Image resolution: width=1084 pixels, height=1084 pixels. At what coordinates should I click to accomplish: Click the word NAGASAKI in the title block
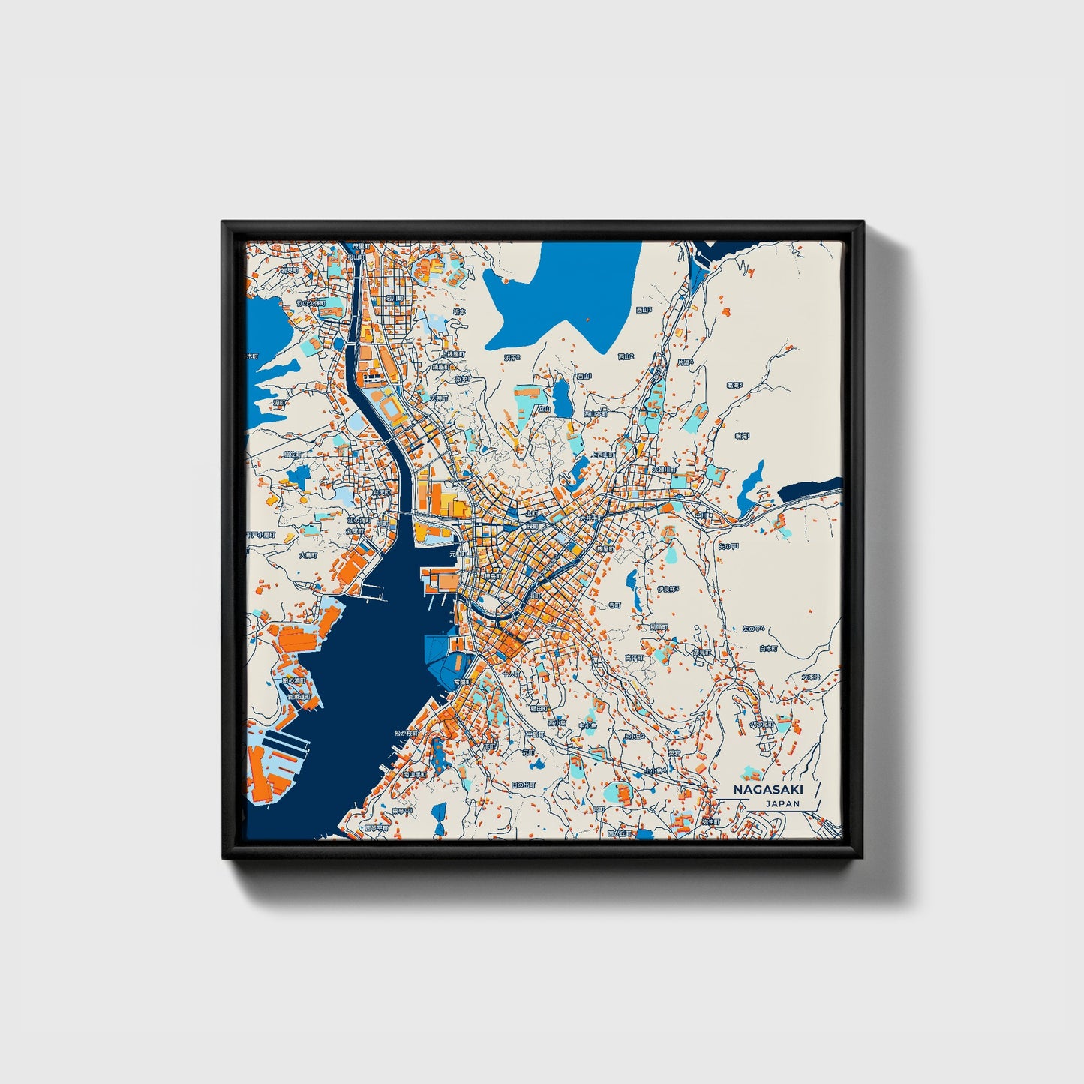pyautogui.click(x=767, y=790)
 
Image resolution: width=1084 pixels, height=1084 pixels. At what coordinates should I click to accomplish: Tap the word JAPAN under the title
pyautogui.click(x=782, y=803)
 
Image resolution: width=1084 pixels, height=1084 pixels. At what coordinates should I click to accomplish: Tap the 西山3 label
pyautogui.click(x=644, y=309)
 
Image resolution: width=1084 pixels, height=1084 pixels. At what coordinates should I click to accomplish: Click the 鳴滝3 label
pyautogui.click(x=734, y=385)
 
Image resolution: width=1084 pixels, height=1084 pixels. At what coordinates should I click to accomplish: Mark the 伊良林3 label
pyautogui.click(x=668, y=589)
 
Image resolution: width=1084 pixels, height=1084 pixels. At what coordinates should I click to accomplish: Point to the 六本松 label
pyautogui.click(x=811, y=677)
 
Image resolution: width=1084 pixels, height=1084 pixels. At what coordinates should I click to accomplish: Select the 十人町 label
pyautogui.click(x=511, y=674)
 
